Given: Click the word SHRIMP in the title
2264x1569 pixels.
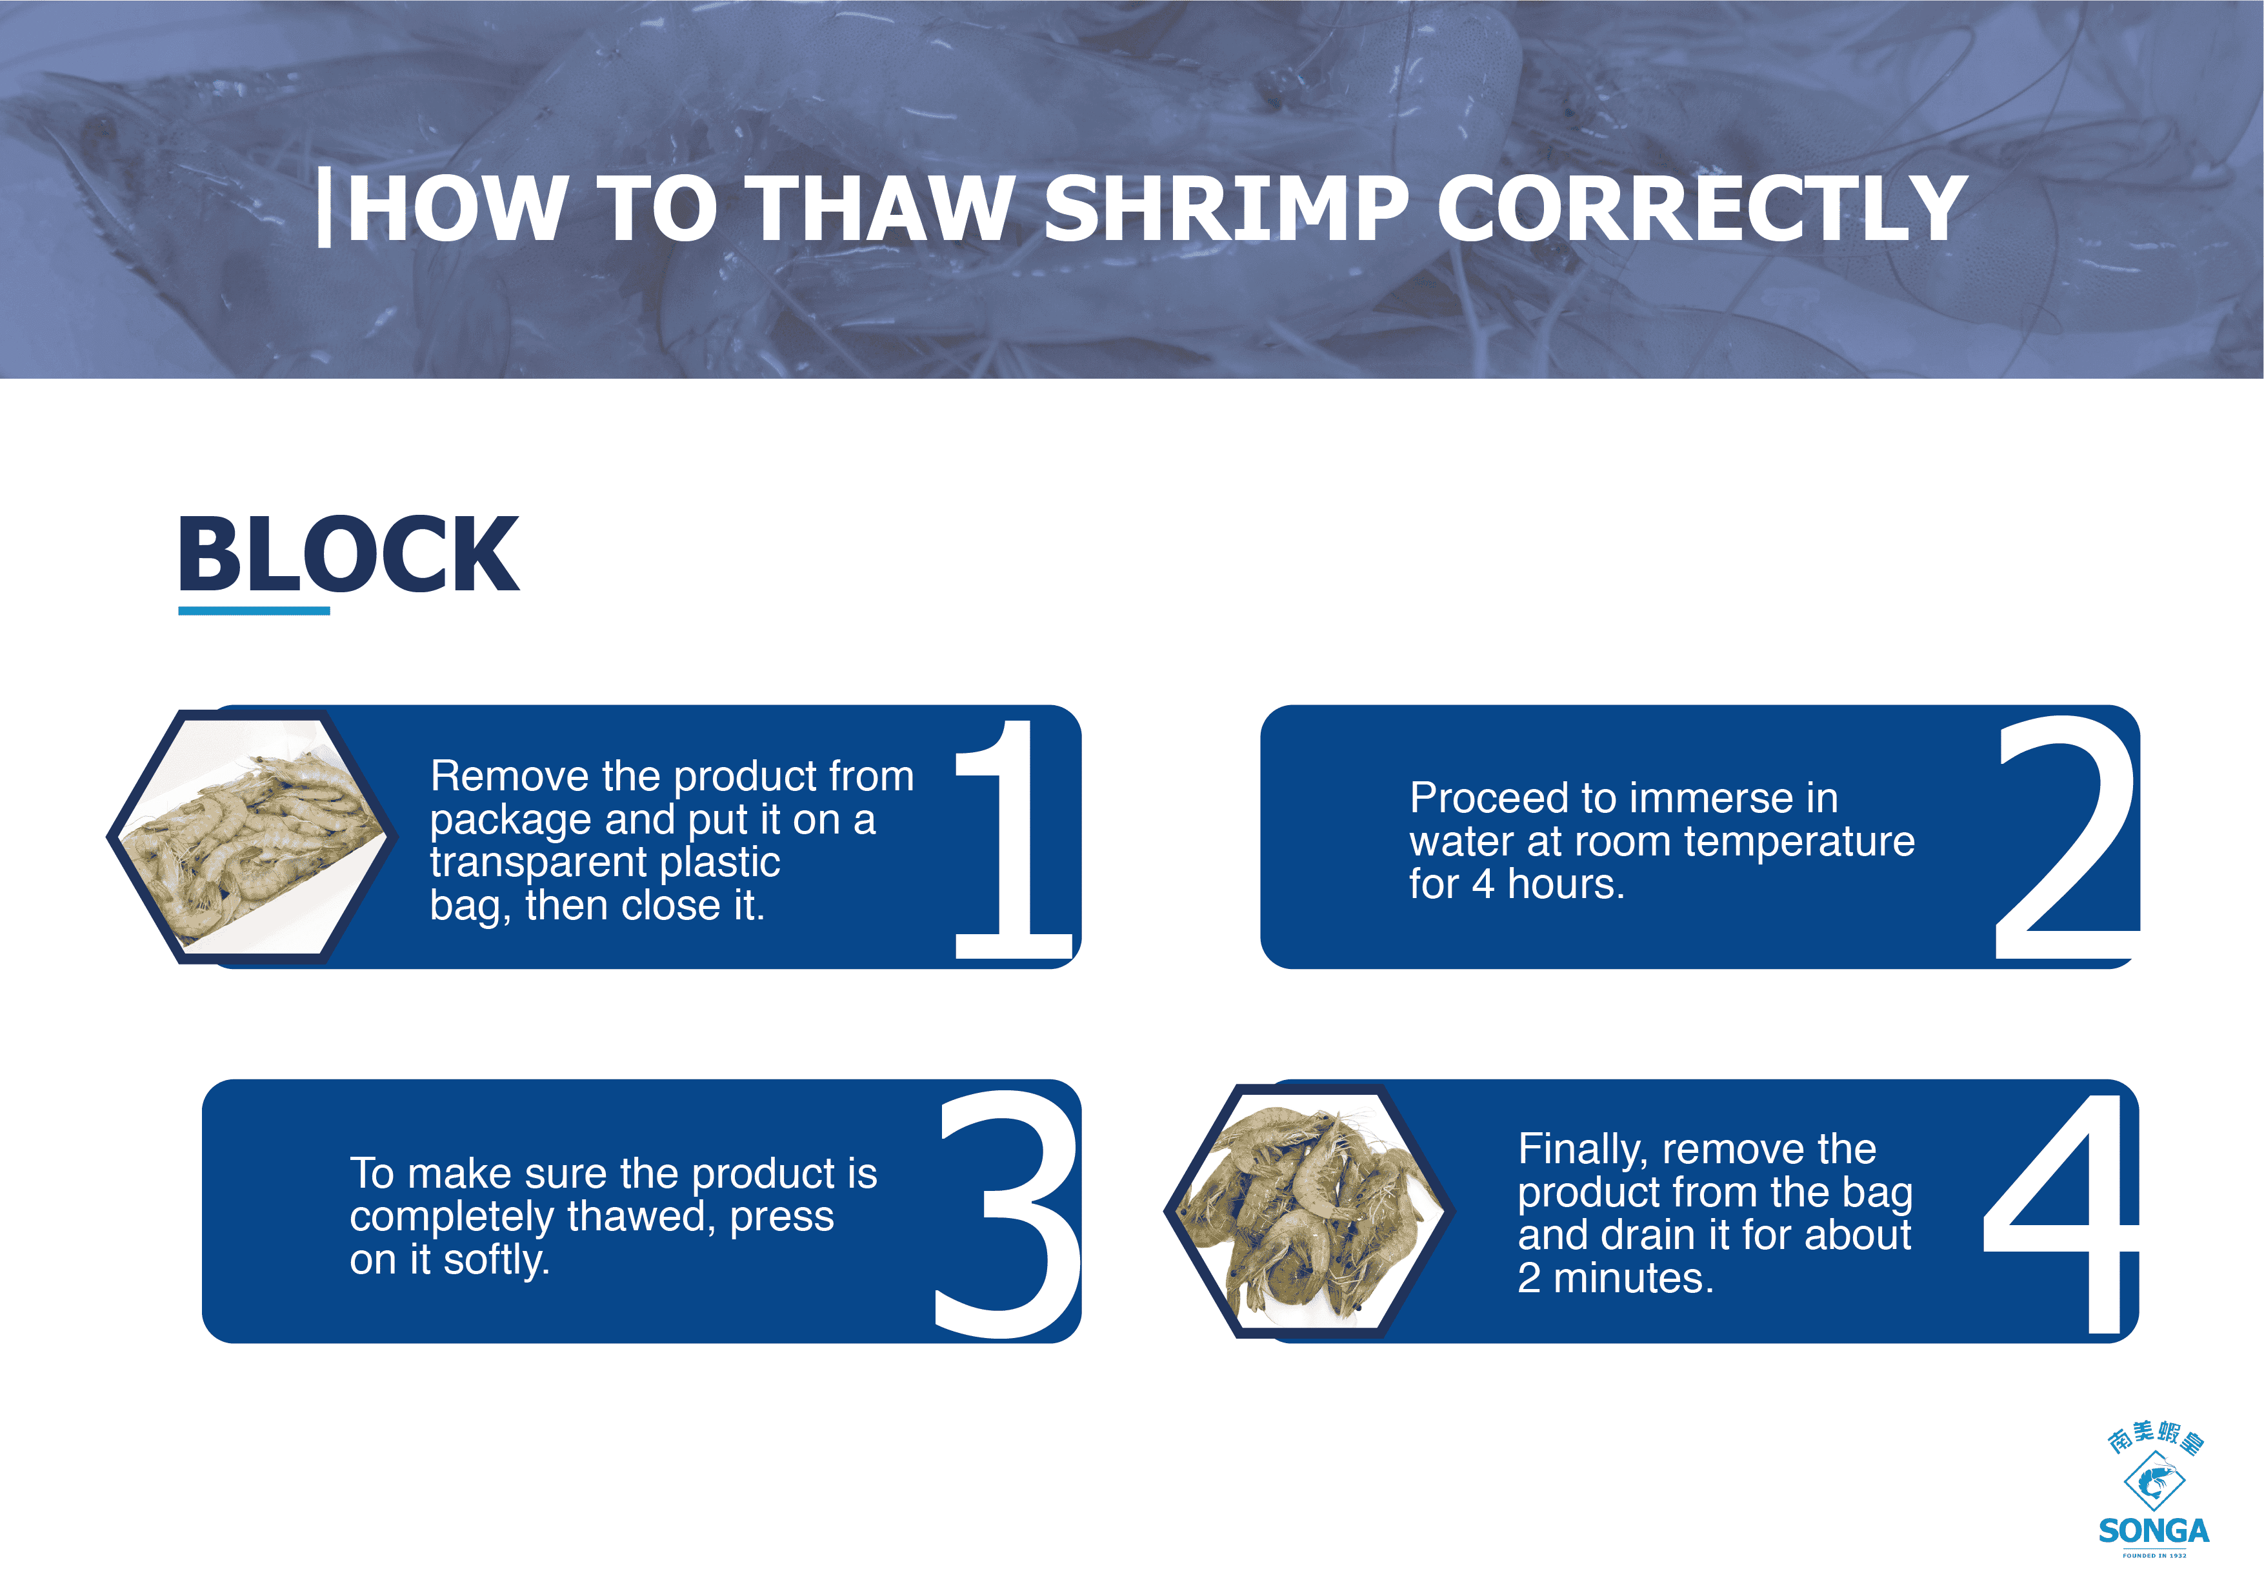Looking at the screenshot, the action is click(1226, 208).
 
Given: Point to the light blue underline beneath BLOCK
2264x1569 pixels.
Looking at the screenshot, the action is click(254, 610).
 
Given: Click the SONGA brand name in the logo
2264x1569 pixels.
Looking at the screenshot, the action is click(2154, 1531).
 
